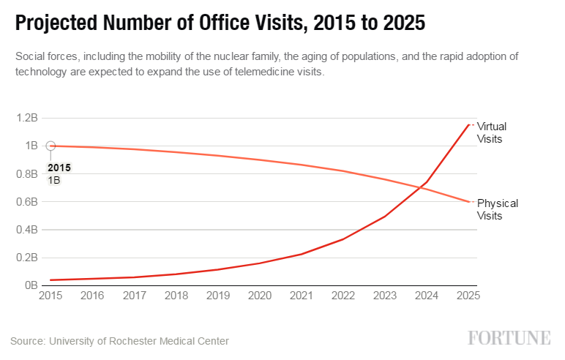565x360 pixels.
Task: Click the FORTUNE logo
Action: coord(509,338)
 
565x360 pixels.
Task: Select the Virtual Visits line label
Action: coord(491,132)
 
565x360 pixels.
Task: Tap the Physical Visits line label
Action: coord(497,209)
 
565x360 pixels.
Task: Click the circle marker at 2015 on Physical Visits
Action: coord(50,146)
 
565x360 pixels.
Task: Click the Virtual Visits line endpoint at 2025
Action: coord(468,125)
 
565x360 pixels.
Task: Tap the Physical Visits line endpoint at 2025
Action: coord(468,202)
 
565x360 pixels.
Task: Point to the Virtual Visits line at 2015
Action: coord(50,280)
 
